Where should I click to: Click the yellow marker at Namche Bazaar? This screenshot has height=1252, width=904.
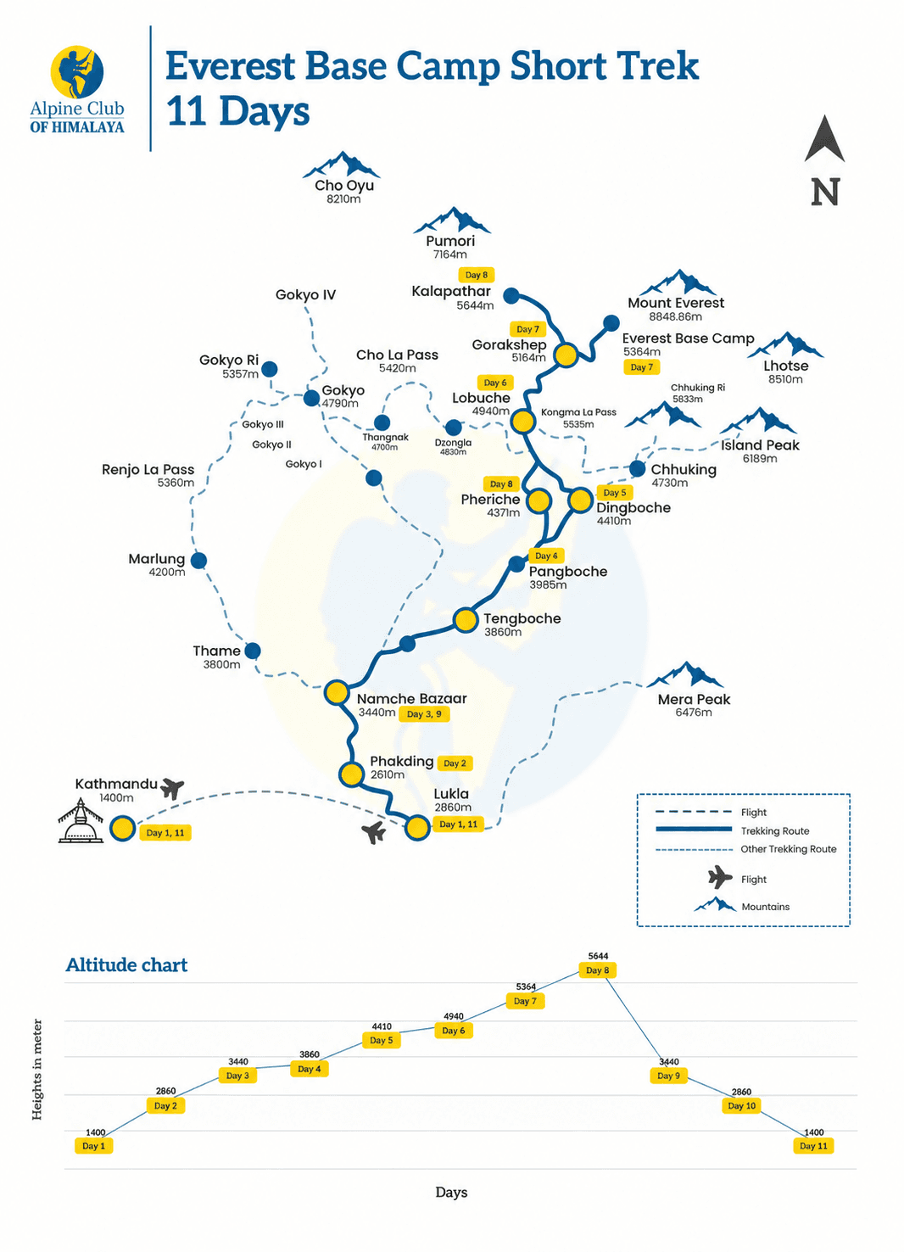point(337,692)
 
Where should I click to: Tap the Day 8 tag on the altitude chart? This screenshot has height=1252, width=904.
point(597,970)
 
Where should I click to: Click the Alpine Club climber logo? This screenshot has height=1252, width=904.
point(77,72)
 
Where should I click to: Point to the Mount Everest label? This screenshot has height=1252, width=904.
point(676,303)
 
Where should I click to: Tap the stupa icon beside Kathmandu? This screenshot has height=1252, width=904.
point(81,821)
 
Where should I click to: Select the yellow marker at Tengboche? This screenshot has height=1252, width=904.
point(465,620)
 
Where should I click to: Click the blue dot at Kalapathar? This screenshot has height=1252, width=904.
point(511,296)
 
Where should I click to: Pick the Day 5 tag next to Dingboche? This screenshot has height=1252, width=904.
point(615,493)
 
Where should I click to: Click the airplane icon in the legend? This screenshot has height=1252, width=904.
point(720,877)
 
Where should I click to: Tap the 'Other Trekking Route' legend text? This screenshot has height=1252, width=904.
point(789,849)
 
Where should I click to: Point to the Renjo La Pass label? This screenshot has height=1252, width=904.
point(148,470)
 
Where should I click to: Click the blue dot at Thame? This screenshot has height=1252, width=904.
point(253,651)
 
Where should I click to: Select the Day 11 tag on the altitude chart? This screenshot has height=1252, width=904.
point(813,1146)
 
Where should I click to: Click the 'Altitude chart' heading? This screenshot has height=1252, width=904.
point(127,964)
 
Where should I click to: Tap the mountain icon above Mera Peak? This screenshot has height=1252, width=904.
point(685,674)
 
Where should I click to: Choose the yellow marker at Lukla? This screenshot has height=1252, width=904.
point(416,828)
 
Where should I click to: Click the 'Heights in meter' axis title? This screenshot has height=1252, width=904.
point(36,1070)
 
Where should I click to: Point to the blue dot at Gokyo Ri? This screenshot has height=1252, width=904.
point(270,369)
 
